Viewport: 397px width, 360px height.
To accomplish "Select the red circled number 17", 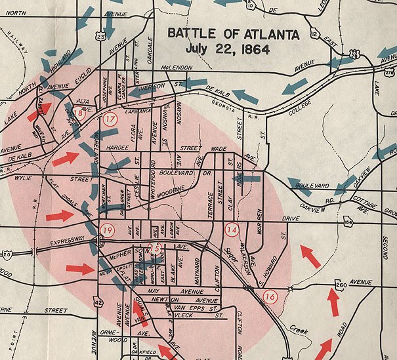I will tap(110, 119).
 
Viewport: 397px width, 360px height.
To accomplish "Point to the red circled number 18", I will tap(79, 113).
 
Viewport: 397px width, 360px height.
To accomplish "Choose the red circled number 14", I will tap(232, 230).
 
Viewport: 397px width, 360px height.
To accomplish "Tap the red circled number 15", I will tap(156, 248).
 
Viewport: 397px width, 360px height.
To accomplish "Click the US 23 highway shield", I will tap(100, 37).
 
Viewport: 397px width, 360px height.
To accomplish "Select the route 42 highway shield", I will tap(98, 302).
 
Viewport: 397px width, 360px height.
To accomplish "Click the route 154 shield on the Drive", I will tap(347, 222).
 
